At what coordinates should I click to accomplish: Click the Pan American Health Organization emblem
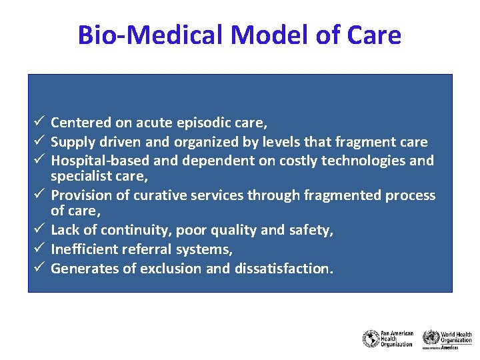(x=371, y=339)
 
